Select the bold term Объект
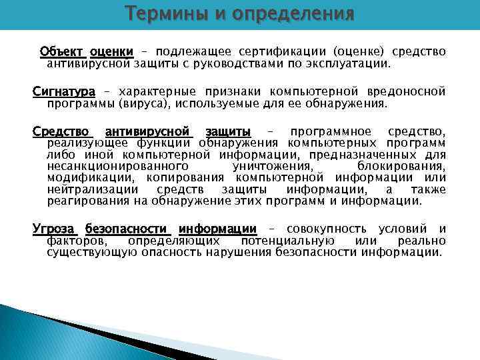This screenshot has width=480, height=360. click(x=61, y=52)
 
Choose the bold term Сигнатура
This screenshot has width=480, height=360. click(x=64, y=91)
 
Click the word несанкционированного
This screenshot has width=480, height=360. click(x=117, y=166)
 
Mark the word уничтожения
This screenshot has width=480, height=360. click(x=273, y=166)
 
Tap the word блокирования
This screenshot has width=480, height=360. click(x=401, y=166)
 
